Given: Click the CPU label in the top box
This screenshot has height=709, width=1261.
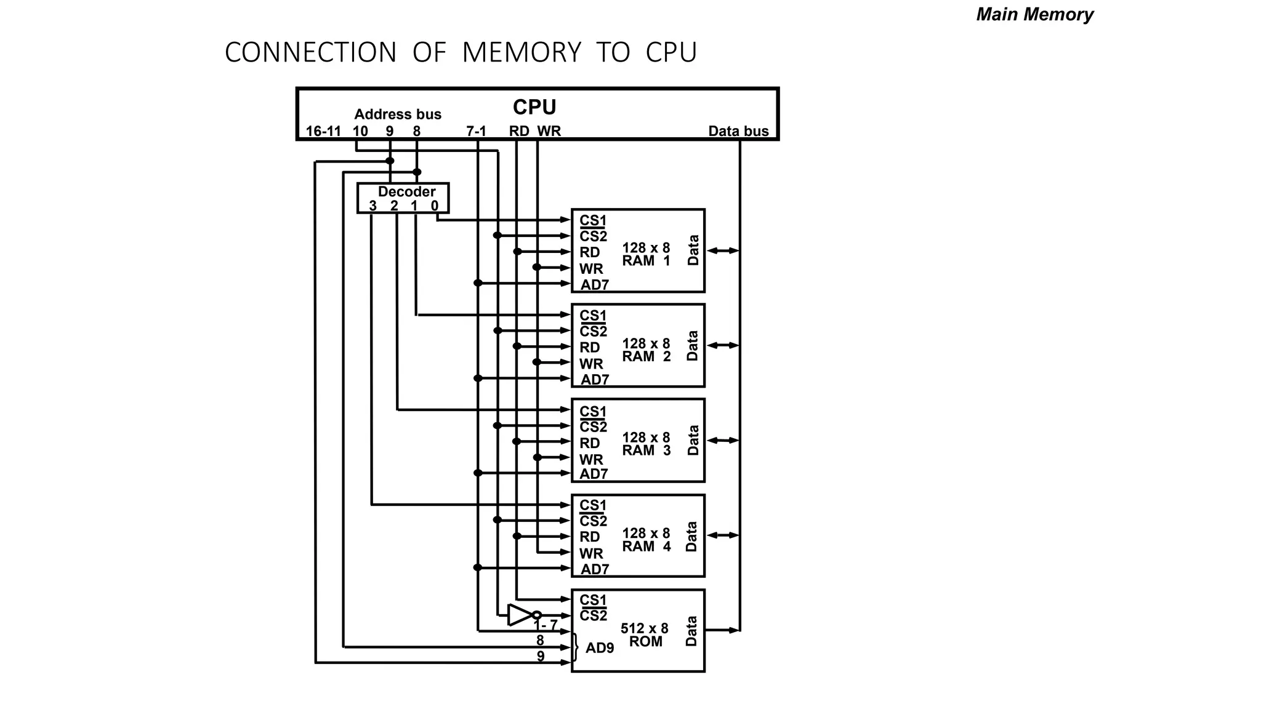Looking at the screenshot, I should (x=534, y=108).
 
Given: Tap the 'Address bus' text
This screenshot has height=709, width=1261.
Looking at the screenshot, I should (x=398, y=114).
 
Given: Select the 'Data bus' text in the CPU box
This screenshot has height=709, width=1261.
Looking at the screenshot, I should (x=738, y=131).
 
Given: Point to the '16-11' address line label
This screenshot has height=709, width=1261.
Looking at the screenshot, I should (x=323, y=131).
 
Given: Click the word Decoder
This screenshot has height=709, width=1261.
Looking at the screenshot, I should (x=406, y=191).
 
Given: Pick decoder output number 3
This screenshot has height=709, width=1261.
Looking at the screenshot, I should (x=373, y=206).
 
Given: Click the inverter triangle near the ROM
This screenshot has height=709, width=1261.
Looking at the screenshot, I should (x=518, y=614).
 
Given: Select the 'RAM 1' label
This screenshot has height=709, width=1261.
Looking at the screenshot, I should (x=646, y=261).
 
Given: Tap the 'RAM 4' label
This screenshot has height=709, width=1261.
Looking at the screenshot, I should (x=646, y=547).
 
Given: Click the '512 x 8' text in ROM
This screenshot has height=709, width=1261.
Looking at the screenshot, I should (x=644, y=628).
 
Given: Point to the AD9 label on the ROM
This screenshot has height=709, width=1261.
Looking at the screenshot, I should (x=600, y=648).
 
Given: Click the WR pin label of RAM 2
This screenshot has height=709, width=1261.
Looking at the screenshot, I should (x=591, y=364).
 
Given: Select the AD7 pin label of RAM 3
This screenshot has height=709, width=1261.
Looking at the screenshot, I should (x=594, y=474).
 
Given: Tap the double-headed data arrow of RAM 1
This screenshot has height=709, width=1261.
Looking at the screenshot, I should (x=722, y=250).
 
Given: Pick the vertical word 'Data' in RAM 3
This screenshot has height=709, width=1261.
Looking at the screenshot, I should (x=693, y=440).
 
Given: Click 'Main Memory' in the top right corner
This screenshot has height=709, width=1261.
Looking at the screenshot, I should (x=1034, y=14).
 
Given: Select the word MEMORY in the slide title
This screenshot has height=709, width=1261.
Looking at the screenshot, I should (x=522, y=52).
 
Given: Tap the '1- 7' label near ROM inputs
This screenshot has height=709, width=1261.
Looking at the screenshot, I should (x=545, y=625).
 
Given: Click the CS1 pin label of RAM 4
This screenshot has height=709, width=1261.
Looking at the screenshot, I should (x=593, y=505).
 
